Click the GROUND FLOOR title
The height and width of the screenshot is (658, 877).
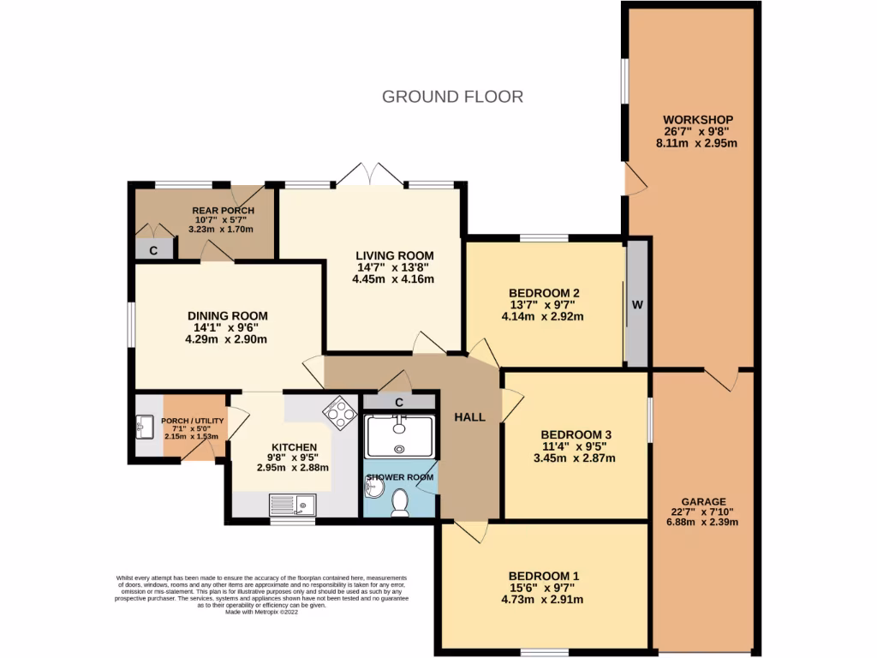point(452,96)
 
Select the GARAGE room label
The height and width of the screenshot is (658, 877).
point(703,501)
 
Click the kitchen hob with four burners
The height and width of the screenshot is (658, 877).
point(338,412)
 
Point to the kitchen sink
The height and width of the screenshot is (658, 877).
point(292,505)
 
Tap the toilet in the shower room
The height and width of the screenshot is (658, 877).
point(399,503)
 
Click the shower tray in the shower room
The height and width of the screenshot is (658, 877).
point(400,435)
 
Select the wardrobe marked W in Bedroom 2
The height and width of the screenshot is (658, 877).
point(635,304)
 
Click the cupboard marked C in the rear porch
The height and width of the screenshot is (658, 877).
point(153,250)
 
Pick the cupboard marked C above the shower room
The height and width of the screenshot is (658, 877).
point(399,402)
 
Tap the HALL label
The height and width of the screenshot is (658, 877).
point(469,417)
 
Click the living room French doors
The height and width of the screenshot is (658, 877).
point(369,176)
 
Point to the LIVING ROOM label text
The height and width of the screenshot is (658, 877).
point(395,255)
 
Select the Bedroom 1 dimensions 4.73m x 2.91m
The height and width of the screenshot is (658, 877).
point(544,600)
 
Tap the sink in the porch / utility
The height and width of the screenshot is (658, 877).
point(143,425)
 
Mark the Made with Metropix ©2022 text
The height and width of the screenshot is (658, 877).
point(262,612)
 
